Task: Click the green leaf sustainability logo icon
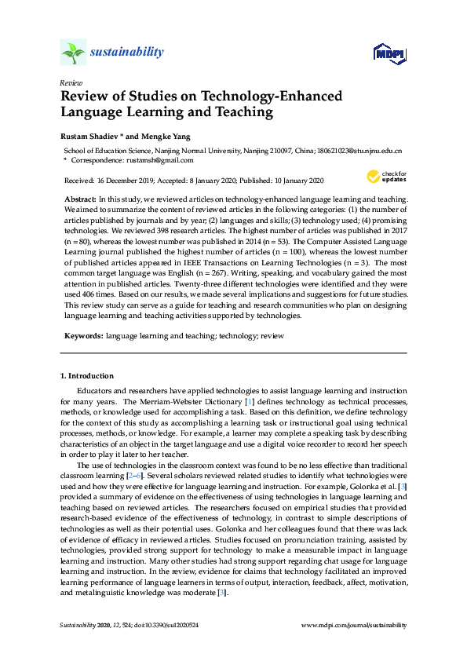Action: (x=73, y=53)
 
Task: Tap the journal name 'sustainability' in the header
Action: (x=127, y=53)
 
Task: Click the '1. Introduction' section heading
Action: (x=87, y=376)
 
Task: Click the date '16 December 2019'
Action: (x=122, y=180)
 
